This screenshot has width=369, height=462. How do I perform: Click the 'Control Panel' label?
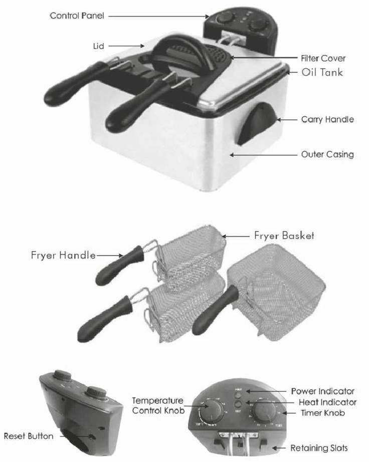click(77, 16)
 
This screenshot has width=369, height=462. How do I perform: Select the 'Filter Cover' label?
click(323, 58)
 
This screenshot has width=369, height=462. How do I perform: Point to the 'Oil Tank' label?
click(322, 73)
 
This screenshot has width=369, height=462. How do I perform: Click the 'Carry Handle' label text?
click(327, 120)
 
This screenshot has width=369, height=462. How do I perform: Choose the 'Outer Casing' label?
click(327, 154)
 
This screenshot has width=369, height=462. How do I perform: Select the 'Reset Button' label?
click(28, 436)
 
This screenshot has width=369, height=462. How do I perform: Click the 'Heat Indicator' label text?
click(328, 402)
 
